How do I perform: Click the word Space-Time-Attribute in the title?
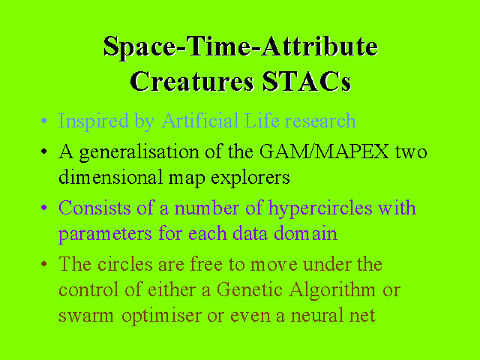coord(241,47)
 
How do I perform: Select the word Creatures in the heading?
coord(192,81)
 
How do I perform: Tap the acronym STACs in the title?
coord(307,81)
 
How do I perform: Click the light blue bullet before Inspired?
coord(43,120)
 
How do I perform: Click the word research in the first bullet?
coord(320,121)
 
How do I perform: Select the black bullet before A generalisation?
coord(43,151)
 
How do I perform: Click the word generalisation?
coord(139,152)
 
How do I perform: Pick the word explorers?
coord(250,178)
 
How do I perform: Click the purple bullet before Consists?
coord(43,208)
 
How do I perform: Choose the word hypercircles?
coord(320,208)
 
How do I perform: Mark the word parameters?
coord(105,235)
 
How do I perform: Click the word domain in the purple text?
coord(305,233)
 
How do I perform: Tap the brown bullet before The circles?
coord(43,264)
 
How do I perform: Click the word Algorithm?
coord(332,290)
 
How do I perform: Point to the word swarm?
coord(86,316)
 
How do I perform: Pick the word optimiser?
coord(161,316)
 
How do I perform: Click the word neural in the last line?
coord(316,315)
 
